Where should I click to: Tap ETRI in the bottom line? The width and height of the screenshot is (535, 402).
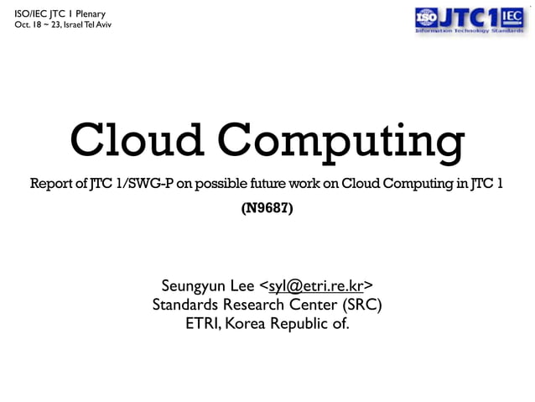(203, 322)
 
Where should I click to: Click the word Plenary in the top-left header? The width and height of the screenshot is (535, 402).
(86, 12)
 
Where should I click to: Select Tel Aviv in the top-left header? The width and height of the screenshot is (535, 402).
(96, 24)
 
